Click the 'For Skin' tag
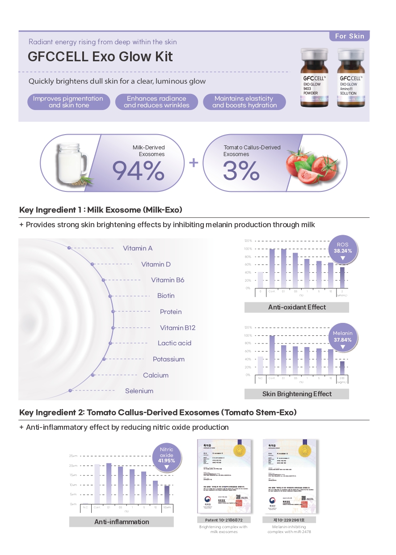point(350,36)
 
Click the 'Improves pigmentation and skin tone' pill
point(69,102)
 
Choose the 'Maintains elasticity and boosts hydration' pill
point(244,102)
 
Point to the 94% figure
point(138,171)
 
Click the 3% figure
point(241,171)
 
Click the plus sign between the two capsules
point(193,162)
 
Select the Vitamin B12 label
point(177,328)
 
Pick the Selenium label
point(139,391)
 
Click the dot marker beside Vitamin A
point(69,247)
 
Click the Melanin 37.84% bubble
point(343,336)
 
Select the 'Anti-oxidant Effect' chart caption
point(297,307)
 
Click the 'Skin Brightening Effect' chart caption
point(297,394)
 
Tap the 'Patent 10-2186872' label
point(224,520)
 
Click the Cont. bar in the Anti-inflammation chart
point(97,484)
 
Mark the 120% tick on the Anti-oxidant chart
point(249,241)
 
